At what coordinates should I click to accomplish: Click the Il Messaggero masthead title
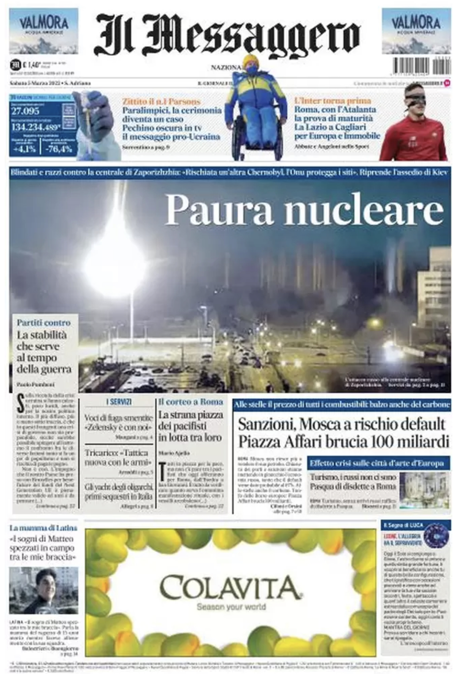(227, 35)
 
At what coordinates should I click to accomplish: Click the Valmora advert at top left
(43, 31)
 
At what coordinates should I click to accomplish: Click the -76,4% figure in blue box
(59, 149)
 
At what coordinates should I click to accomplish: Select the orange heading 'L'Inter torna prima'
(332, 101)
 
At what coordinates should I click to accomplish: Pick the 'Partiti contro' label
(44, 323)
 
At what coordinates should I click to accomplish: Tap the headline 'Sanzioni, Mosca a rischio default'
(341, 424)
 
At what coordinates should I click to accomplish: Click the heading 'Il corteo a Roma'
(191, 401)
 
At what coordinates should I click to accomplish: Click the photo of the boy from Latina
(43, 590)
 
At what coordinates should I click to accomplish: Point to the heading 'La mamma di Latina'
(43, 528)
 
